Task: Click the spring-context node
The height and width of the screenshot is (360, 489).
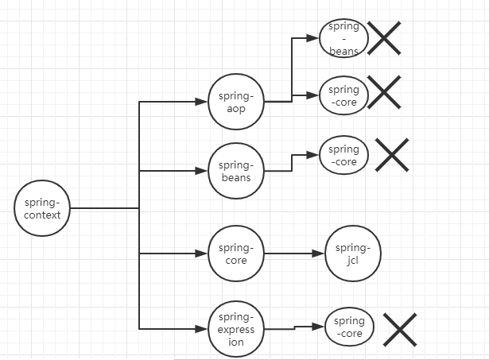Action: coord(42,208)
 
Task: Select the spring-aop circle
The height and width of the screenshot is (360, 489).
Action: coord(235,102)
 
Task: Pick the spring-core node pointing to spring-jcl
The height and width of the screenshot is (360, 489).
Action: coord(235,254)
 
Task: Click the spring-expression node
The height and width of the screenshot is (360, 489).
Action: coord(235,328)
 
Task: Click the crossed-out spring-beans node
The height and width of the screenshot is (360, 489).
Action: coord(343,38)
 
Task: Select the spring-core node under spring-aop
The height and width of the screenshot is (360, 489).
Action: coord(343,96)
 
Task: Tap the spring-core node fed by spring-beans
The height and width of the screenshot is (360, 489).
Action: coord(343,155)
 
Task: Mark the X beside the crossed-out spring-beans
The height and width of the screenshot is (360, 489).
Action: coord(383,38)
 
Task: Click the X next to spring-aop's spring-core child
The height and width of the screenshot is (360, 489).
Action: coord(383,93)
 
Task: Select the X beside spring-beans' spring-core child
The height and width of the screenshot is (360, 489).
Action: coord(391,154)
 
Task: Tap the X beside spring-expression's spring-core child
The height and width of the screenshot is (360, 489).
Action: coord(400,329)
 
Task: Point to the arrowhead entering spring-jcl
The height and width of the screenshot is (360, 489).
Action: coord(320,254)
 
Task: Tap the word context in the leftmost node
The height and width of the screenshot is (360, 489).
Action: coord(42,215)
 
